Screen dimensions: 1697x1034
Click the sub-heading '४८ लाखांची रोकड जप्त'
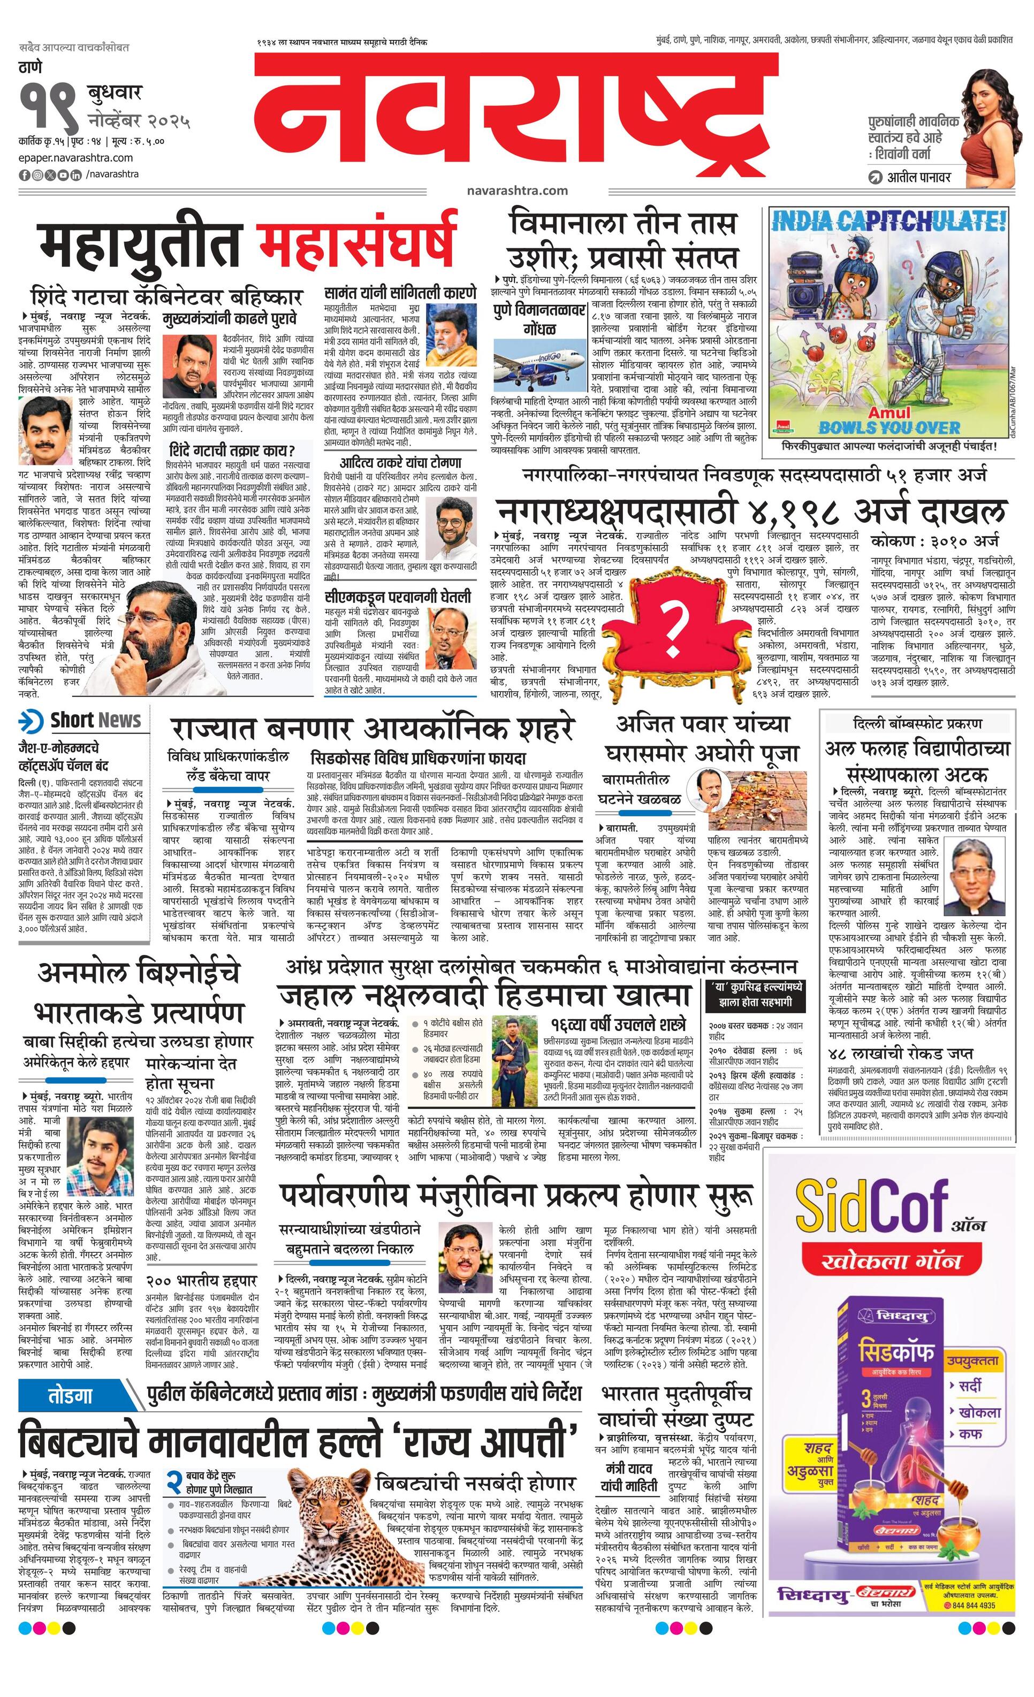click(x=902, y=1053)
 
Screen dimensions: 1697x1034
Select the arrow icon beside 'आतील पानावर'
click(x=875, y=178)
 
